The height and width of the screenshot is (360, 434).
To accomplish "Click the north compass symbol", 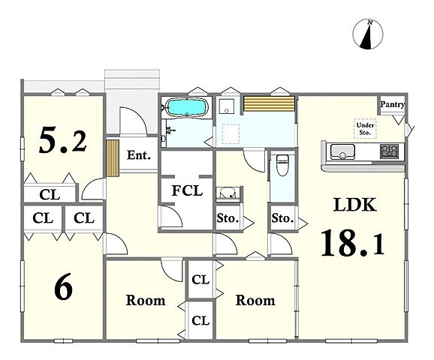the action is click(x=368, y=34).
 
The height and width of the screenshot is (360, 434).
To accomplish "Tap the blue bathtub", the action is click(x=186, y=107).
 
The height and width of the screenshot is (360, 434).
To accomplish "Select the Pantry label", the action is click(x=392, y=104).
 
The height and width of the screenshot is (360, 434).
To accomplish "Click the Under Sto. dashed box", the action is click(x=365, y=129).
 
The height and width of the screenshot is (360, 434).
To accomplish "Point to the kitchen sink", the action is click(x=342, y=151).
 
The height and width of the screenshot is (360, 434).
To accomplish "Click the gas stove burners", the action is click(x=390, y=151).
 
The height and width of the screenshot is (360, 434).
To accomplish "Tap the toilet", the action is click(x=282, y=165).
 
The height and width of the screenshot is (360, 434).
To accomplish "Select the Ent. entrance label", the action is click(x=139, y=155).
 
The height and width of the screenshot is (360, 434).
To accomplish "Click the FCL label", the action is click(x=187, y=190).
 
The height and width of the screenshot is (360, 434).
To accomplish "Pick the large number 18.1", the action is click(x=353, y=243).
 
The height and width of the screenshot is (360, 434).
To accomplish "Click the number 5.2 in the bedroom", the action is click(x=63, y=139).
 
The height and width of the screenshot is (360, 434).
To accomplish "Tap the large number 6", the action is click(x=63, y=286).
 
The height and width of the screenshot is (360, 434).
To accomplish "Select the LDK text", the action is click(x=355, y=205).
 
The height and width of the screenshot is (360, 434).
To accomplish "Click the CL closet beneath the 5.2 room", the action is click(x=50, y=195).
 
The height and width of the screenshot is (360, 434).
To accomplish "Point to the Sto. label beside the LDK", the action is click(x=282, y=218).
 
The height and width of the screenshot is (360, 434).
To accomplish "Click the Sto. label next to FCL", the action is click(x=228, y=218).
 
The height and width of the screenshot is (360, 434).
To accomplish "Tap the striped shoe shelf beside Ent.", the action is click(x=113, y=158).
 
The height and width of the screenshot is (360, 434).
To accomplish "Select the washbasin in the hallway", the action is click(x=228, y=193).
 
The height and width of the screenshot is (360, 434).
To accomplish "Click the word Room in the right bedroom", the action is click(x=255, y=300).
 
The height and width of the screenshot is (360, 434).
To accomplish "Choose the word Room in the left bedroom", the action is click(x=146, y=300).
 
